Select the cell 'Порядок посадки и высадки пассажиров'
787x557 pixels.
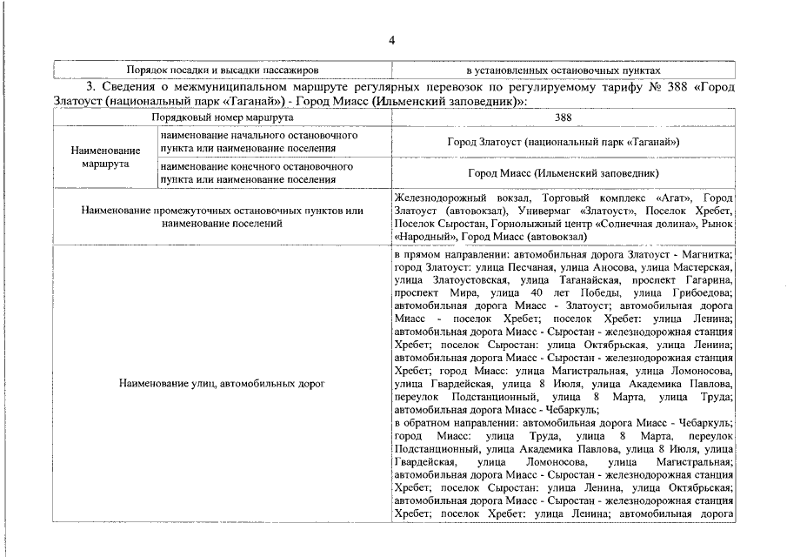[x=223, y=69]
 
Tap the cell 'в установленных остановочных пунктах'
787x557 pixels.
[x=563, y=69]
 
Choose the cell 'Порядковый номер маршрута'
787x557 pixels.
[x=223, y=117]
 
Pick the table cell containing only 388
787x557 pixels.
[x=563, y=117]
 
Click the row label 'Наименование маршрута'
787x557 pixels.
[x=104, y=157]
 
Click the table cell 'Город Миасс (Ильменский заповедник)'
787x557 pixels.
[x=563, y=173]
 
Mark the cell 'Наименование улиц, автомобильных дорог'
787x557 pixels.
[x=223, y=384]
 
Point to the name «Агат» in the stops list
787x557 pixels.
[x=670, y=198]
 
